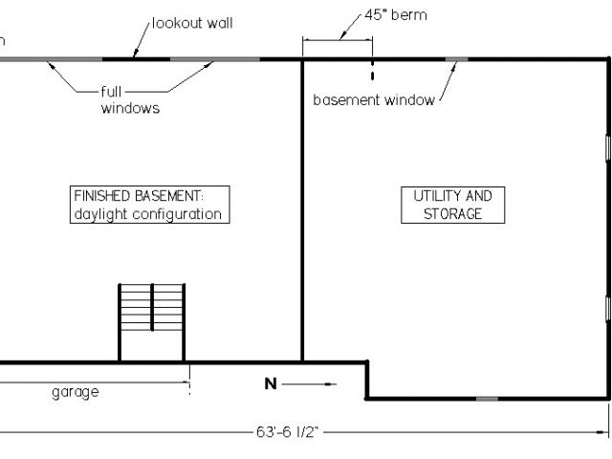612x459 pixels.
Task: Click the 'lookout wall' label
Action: pos(192,22)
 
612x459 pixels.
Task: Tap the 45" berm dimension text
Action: pos(396,16)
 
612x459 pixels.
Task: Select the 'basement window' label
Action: pos(374,99)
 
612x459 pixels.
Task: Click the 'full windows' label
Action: pos(130,100)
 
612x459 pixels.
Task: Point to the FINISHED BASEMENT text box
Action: pos(151,205)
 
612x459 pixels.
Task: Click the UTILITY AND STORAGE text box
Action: pos(452,205)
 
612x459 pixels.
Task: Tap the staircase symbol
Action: pos(151,321)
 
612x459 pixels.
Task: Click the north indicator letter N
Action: pos(271,384)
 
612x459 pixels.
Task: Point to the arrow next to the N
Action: pos(311,384)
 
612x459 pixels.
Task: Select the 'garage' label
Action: pos(75,391)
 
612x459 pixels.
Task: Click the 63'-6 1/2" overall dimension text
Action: pos(286,432)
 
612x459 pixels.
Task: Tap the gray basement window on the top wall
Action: pos(457,59)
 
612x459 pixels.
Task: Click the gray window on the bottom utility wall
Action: pos(487,398)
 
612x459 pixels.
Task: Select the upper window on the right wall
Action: pos(608,148)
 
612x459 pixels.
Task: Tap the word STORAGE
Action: pos(453,214)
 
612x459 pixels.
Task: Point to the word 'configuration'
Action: pos(177,214)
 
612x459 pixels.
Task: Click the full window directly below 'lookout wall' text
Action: pos(214,59)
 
